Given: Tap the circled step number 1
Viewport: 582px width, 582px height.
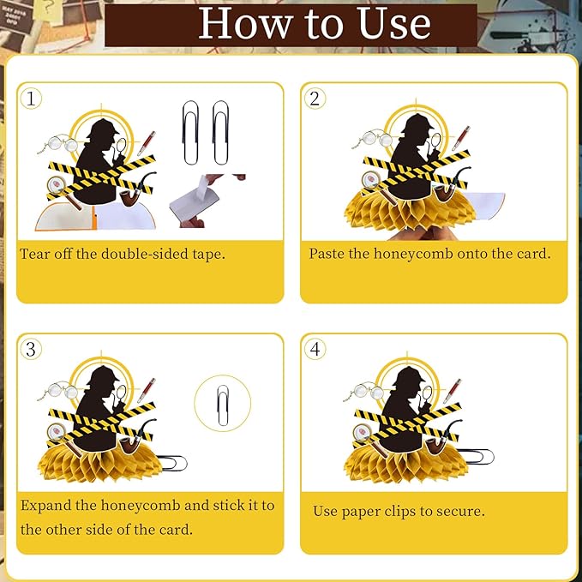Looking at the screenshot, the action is point(31,99).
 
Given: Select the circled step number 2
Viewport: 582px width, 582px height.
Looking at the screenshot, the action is point(315,99).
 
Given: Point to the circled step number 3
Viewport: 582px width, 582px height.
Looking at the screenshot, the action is point(31,349).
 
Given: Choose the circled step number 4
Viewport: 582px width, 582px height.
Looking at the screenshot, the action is point(315,349).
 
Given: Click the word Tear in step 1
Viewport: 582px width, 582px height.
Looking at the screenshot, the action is point(35,255).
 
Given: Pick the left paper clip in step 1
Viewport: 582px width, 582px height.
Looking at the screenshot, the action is point(190,133).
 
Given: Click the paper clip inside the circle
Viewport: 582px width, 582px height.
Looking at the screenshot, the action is point(223,405).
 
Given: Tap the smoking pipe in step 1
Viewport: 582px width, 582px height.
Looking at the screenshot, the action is point(137,189).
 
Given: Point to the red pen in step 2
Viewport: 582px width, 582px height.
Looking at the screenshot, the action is point(460,138).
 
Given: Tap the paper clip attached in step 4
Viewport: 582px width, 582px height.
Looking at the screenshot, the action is point(476,456).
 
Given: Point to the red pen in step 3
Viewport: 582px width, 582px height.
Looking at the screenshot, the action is point(147,390).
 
